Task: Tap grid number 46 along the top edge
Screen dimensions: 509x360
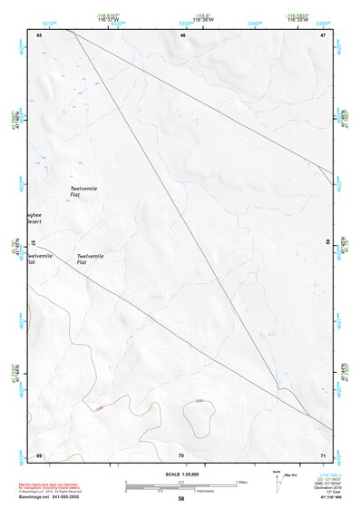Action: tap(182, 34)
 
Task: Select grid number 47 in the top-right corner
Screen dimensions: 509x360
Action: tap(323, 34)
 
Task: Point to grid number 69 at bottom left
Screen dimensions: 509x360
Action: tap(39, 455)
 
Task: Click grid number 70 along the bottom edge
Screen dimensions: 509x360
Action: tap(181, 455)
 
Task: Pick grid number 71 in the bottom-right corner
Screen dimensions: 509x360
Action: tap(323, 455)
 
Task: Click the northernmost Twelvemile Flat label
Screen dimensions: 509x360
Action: tap(83, 191)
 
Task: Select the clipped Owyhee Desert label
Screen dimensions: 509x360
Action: tap(34, 219)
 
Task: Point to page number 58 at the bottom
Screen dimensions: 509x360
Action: tap(180, 499)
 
